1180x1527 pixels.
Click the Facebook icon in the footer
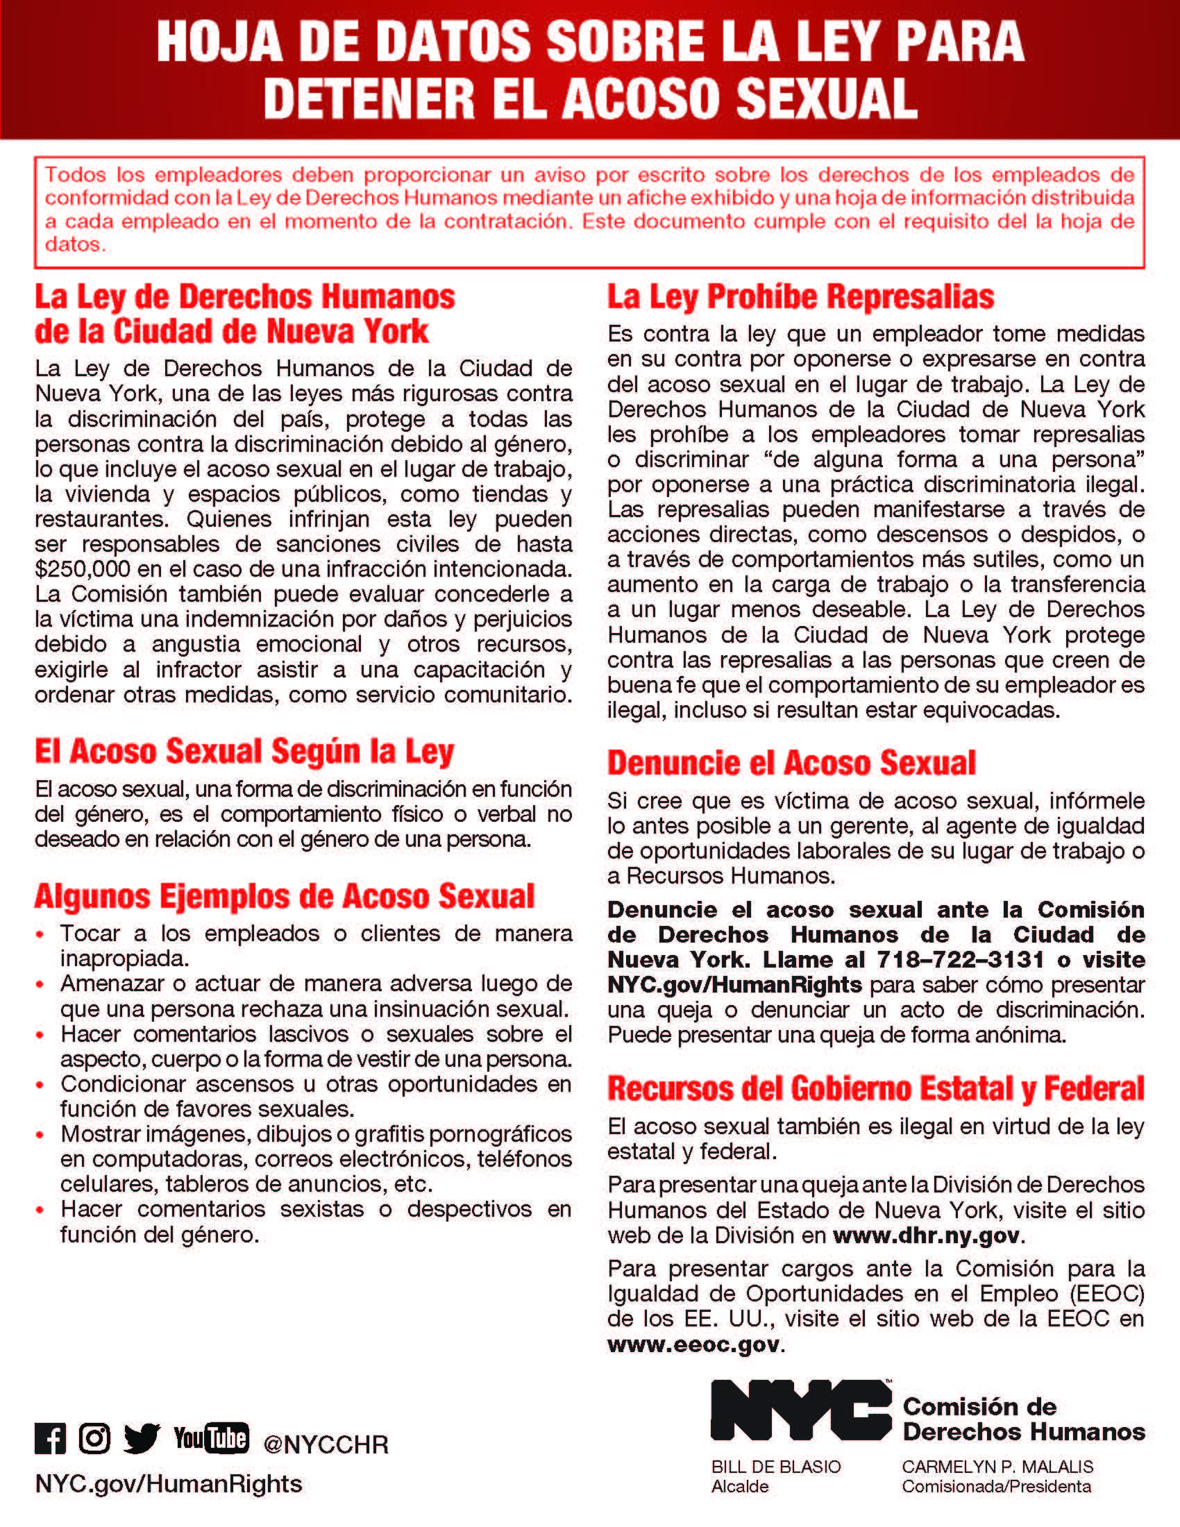pos(51,1439)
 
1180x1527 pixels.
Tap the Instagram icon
pos(94,1439)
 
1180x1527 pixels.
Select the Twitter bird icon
pos(142,1439)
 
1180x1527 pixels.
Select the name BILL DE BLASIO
pos(776,1467)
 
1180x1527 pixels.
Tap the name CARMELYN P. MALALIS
pos(997,1467)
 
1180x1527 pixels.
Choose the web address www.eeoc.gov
pos(693,1344)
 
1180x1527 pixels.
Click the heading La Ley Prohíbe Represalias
pos(800,297)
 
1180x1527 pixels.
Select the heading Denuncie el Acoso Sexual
pos(791,763)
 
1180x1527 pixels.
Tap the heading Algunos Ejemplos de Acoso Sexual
pos(285,896)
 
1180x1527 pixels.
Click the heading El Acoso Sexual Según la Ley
pos(244,752)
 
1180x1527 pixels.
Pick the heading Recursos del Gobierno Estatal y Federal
pos(876,1088)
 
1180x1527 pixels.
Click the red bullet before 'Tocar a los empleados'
pos(40,934)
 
